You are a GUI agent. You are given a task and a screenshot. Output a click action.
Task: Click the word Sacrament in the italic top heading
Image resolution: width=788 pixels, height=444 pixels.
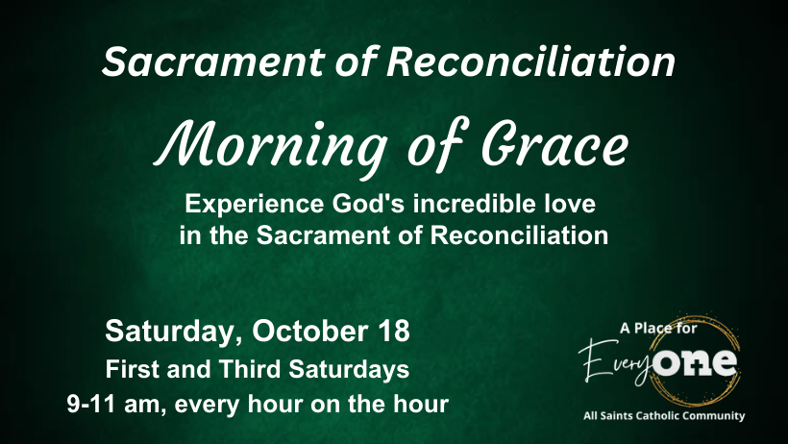click(213, 62)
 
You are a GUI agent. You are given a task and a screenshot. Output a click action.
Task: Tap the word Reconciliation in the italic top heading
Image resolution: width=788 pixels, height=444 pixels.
click(530, 62)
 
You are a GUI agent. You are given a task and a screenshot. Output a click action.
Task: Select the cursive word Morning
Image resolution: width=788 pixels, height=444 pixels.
click(270, 146)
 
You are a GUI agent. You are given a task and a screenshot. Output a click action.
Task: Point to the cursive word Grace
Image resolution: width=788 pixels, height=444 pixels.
click(554, 143)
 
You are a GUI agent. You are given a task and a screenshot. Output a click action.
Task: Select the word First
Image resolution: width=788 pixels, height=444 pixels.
click(133, 370)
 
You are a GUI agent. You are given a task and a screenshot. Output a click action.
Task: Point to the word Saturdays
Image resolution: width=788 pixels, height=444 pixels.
click(349, 370)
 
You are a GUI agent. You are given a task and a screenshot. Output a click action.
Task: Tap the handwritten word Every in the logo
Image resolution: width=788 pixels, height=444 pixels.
click(616, 363)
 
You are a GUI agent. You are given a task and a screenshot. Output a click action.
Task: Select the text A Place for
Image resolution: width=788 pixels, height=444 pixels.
click(658, 329)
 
